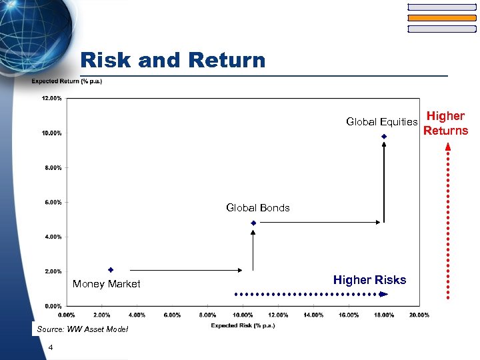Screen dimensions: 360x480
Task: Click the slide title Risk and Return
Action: tap(173, 60)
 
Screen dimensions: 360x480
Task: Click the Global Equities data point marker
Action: tap(384, 137)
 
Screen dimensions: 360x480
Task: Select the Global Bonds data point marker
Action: tap(253, 223)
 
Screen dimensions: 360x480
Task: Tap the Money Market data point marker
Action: tap(111, 270)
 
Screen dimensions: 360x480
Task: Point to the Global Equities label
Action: tap(381, 121)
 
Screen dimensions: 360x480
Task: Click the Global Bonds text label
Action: tap(258, 207)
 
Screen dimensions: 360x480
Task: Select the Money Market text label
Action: tap(107, 284)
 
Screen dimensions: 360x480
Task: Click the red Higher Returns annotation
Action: tap(445, 123)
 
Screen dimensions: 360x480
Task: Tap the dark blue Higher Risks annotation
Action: tap(369, 280)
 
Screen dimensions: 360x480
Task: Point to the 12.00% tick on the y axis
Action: tap(52, 99)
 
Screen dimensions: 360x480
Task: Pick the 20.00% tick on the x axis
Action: tap(419, 315)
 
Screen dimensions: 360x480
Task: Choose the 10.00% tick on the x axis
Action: tap(243, 315)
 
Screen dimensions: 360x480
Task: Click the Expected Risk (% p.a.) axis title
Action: tap(243, 325)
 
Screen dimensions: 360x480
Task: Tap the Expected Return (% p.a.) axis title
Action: tap(67, 82)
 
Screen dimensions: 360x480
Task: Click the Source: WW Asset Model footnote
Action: tap(83, 329)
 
